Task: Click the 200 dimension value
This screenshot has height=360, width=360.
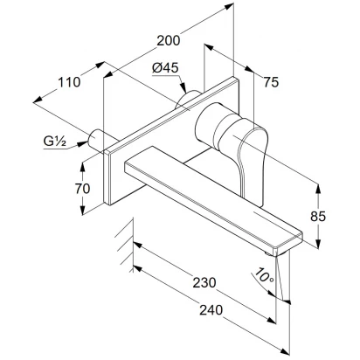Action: [169, 40]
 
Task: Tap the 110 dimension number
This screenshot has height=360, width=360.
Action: [69, 82]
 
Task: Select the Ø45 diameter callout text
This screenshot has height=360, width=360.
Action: [165, 68]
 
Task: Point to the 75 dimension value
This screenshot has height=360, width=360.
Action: [271, 82]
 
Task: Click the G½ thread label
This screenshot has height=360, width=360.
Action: [55, 142]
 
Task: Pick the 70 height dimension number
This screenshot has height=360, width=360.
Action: [82, 189]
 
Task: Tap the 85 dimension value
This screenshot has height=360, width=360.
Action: [318, 217]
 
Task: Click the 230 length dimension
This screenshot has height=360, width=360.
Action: [204, 282]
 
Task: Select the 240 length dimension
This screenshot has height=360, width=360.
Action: [211, 310]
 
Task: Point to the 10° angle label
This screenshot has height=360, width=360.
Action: [265, 276]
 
